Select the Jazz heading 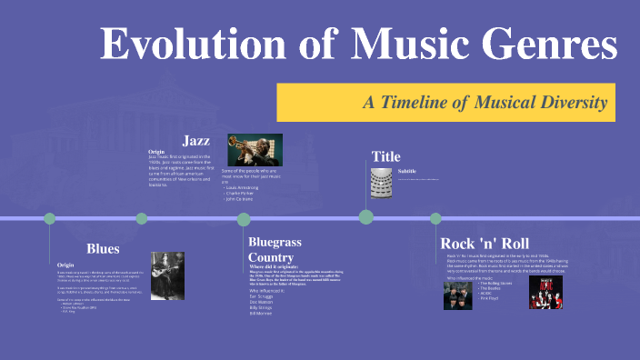coord(197,140)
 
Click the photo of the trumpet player coord(254,150)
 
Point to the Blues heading coord(103,248)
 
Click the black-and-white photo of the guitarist coord(168,275)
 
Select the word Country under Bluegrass coord(271,258)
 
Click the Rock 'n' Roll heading coord(484,244)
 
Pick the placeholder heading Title coord(385,156)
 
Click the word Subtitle coord(406,171)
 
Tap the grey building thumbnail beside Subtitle coord(381,179)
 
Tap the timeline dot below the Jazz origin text coord(142,218)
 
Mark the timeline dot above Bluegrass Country coord(244,219)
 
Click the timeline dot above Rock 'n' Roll coord(435,218)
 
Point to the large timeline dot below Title coord(366,217)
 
